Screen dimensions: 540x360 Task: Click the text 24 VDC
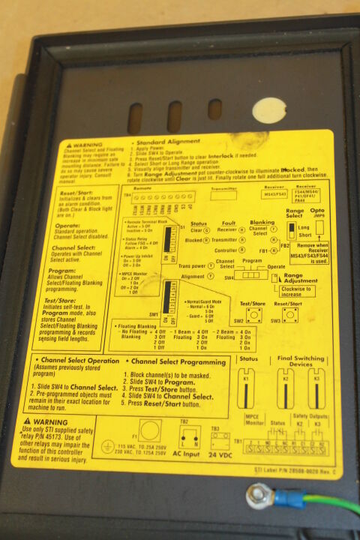pyautogui.click(x=219, y=455)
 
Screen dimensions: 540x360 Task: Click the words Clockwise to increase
pyautogui.click(x=304, y=290)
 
